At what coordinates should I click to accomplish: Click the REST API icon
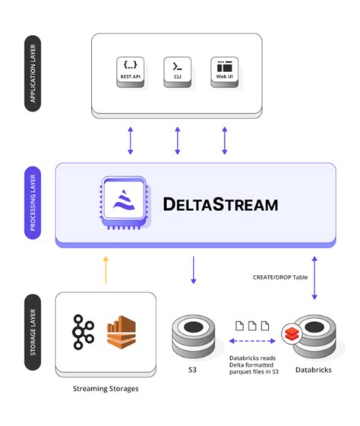[131, 71]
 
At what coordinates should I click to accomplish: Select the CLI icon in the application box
[178, 71]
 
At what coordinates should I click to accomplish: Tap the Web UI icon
[225, 71]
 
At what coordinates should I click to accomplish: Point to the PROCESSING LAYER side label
[32, 204]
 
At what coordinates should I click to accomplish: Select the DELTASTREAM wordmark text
[220, 204]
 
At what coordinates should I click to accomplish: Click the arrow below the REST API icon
[131, 140]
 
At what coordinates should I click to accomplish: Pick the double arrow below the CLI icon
[178, 140]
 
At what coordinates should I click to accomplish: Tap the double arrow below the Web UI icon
[225, 140]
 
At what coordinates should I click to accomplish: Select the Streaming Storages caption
[106, 389]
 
